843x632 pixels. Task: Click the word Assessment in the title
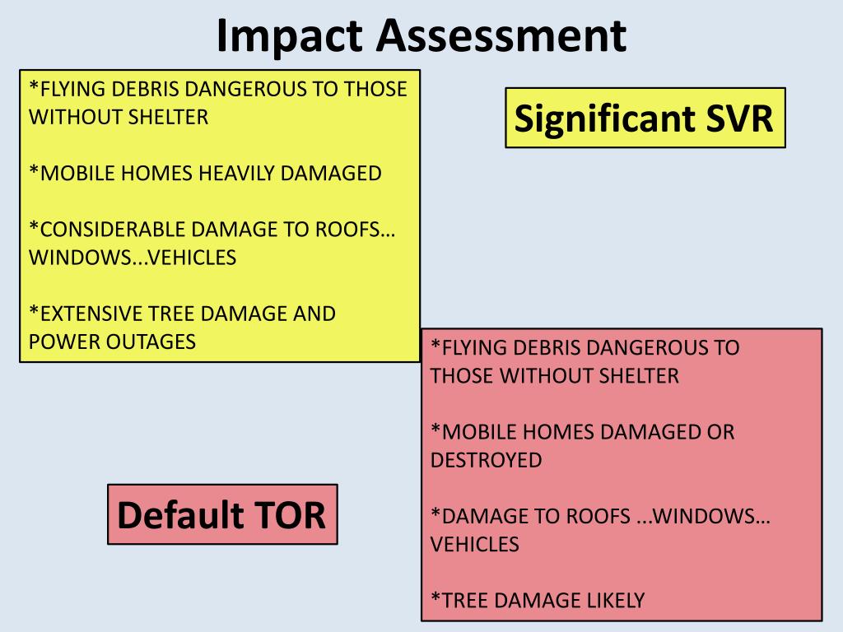[501, 35]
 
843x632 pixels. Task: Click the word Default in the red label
[180, 515]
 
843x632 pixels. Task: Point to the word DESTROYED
[486, 460]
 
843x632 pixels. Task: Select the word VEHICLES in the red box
[475, 545]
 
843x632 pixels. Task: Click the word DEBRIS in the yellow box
[146, 89]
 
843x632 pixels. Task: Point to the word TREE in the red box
[464, 600]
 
